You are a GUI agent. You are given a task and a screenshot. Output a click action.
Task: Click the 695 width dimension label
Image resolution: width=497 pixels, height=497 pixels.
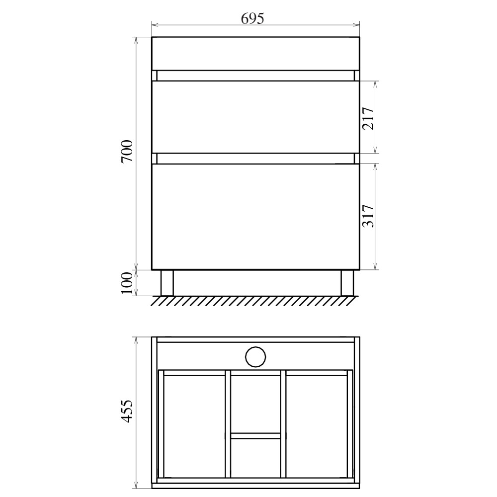click(x=252, y=18)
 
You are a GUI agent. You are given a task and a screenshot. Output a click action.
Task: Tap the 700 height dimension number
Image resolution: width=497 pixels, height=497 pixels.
click(x=127, y=151)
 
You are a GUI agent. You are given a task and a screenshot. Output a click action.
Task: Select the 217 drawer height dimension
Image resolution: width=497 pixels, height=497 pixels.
click(x=368, y=119)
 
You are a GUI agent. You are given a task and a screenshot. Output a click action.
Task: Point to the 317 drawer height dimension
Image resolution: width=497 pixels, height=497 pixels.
click(x=368, y=216)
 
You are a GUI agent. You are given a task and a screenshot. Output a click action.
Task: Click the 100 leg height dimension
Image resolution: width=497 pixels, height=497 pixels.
click(x=127, y=283)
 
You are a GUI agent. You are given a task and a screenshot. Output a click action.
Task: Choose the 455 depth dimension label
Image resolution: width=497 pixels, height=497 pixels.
click(x=127, y=412)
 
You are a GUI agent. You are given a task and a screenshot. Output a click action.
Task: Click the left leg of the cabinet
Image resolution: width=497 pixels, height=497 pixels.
click(x=167, y=283)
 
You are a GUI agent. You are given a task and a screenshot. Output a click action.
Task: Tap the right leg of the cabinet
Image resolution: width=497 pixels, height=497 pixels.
click(x=347, y=283)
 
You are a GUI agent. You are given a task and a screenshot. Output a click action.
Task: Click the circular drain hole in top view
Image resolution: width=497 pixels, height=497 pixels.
click(x=255, y=357)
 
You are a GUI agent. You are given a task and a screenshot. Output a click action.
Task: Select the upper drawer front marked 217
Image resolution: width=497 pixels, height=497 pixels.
click(x=255, y=117)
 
